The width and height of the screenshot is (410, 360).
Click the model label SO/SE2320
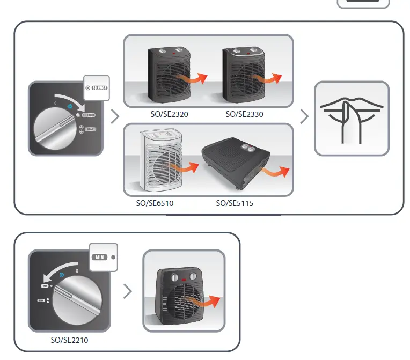(170, 114)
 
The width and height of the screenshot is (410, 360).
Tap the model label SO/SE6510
(155, 203)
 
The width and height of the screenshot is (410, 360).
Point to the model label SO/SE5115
(235, 203)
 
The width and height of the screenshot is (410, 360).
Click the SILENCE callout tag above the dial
(97, 87)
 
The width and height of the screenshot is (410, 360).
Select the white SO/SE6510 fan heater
(156, 161)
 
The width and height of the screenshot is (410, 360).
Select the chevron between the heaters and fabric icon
(304, 116)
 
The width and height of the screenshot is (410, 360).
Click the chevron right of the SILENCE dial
(114, 116)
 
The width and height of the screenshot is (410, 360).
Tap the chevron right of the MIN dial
(127, 291)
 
